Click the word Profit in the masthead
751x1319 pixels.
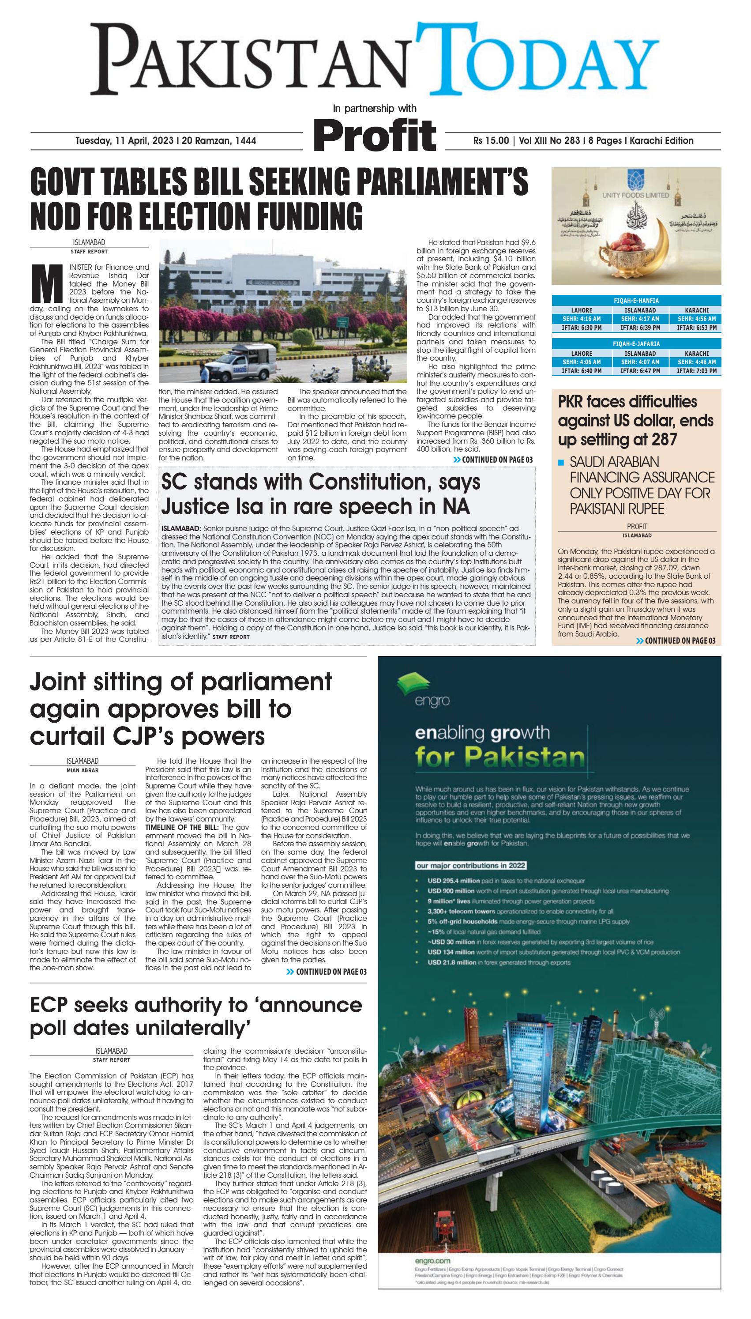pos(375,135)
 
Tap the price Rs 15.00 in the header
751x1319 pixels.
pos(491,141)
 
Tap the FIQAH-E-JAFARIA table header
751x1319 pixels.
pos(636,343)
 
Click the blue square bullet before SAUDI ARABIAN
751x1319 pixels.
pos(561,463)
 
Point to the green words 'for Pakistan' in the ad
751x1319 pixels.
pos(500,757)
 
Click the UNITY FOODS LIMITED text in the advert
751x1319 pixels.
pos(635,195)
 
